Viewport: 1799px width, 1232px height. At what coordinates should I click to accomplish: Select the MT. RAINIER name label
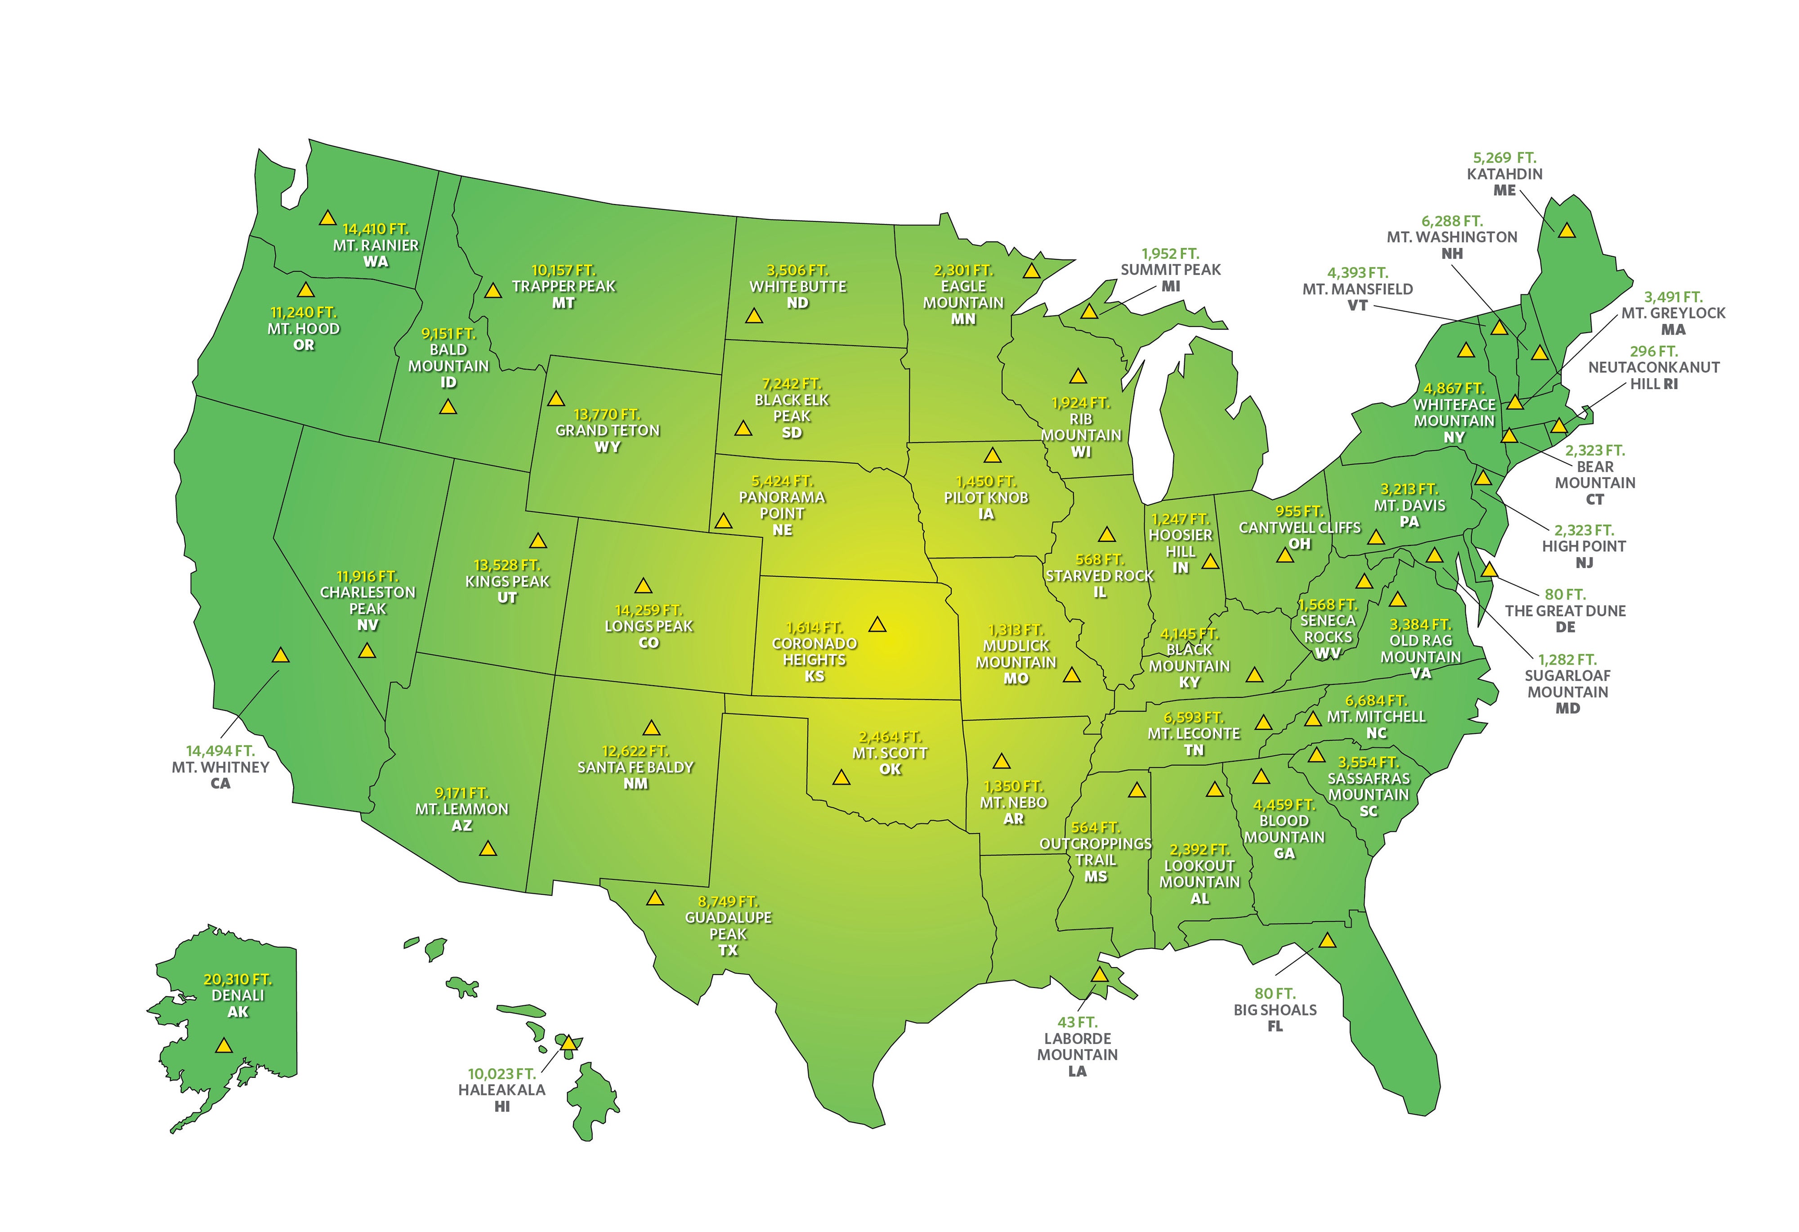(x=376, y=246)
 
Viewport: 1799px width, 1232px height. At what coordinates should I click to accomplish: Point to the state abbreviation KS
(x=814, y=676)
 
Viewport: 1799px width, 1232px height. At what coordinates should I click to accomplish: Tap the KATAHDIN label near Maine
(x=1504, y=174)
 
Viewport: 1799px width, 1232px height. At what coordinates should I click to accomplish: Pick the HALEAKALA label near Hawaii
(x=501, y=1089)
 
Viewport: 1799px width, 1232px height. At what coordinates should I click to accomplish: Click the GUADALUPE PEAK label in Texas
(x=728, y=925)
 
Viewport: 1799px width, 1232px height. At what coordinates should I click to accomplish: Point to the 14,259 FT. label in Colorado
(x=648, y=610)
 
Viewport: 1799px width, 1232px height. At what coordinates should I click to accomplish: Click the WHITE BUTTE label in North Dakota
(x=797, y=286)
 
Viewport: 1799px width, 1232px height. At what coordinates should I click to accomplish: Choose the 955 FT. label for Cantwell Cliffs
(x=1299, y=512)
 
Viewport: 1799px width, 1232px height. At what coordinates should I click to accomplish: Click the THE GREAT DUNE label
(x=1564, y=611)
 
